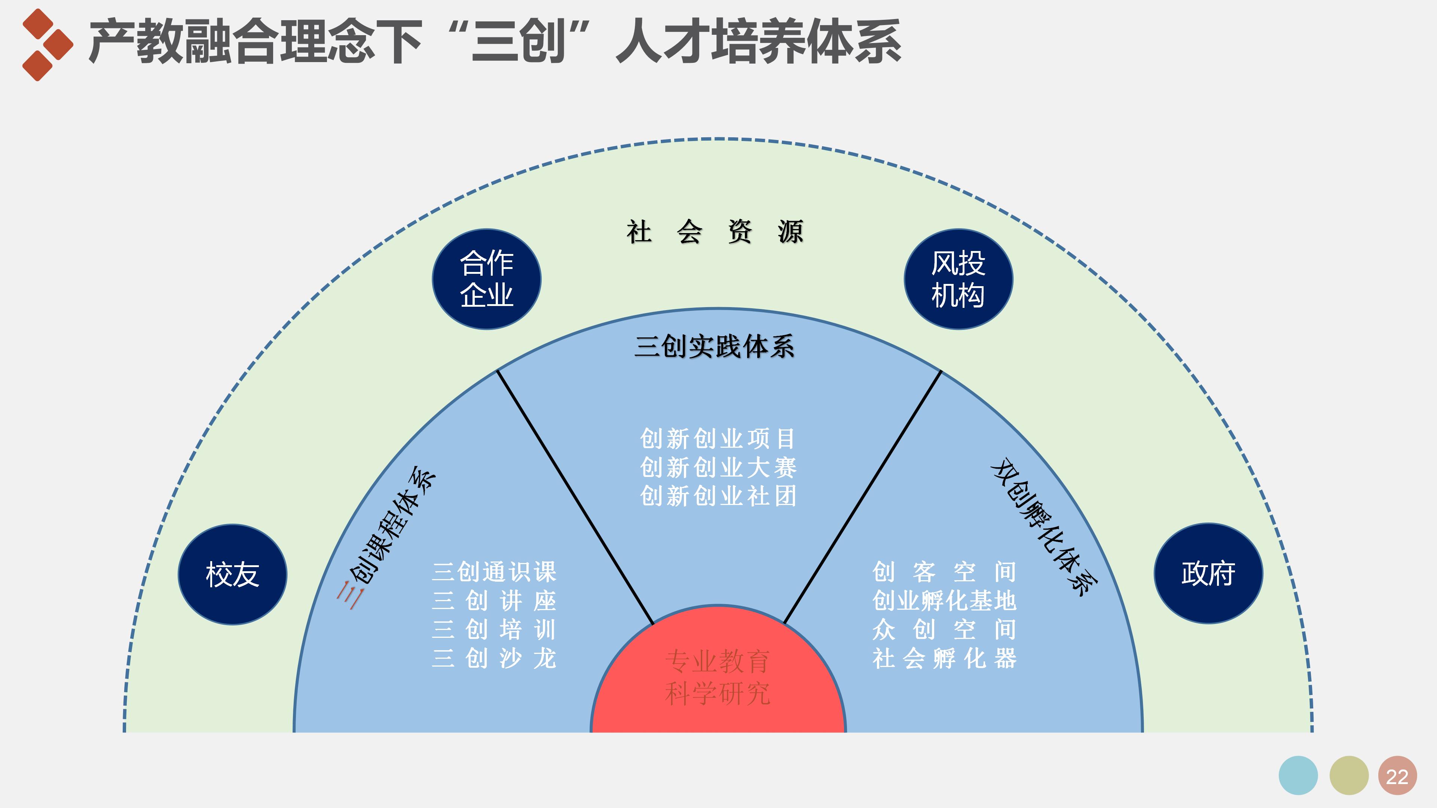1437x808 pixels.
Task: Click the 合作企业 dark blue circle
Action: (486, 279)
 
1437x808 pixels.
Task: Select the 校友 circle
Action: (233, 574)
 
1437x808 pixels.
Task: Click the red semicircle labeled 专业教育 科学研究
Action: (718, 677)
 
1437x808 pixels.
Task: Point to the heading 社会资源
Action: (715, 232)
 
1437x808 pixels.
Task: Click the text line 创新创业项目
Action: (718, 439)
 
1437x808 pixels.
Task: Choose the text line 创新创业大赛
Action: (718, 467)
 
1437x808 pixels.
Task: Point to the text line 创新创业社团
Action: (718, 496)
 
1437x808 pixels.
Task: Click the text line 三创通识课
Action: (494, 572)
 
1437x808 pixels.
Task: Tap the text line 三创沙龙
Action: (494, 658)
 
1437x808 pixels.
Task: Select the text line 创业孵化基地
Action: (944, 600)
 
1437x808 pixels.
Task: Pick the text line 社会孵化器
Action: (944, 658)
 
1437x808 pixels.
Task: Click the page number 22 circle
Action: (1397, 776)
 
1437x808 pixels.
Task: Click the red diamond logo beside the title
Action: (47, 45)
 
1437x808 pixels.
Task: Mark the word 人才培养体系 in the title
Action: (759, 42)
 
